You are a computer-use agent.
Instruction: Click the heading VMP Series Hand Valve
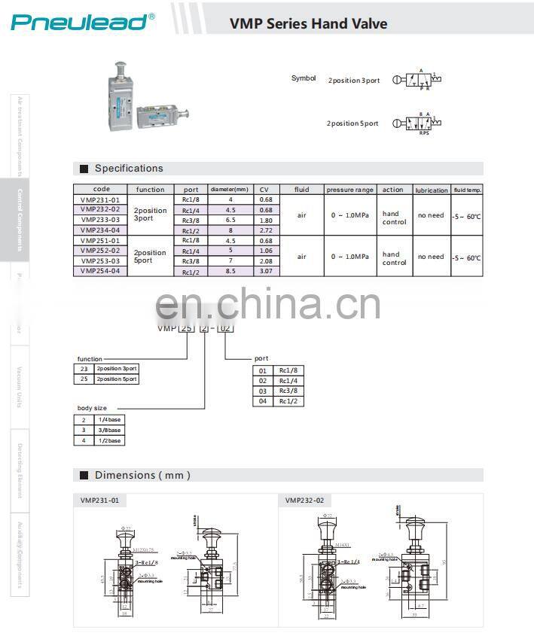point(308,23)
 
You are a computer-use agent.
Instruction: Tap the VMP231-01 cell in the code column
point(100,199)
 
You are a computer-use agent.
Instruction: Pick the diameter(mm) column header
point(228,190)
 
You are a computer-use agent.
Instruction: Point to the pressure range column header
point(349,190)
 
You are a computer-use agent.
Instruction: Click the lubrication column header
point(431,190)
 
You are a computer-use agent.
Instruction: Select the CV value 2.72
point(265,230)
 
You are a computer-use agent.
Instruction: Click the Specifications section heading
point(128,169)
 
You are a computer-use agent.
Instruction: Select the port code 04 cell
point(263,401)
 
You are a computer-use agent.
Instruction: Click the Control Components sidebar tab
point(20,220)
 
